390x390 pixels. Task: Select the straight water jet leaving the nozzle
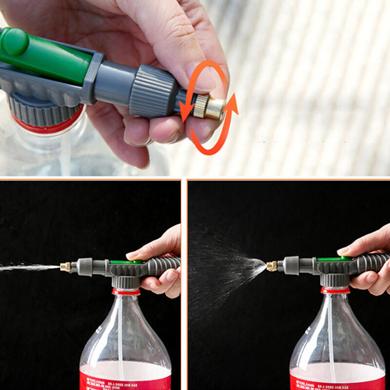[29, 267]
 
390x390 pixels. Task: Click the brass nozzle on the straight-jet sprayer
[65, 267]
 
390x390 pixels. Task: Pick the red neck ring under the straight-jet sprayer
[126, 292]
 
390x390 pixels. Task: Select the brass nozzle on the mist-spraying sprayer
[272, 266]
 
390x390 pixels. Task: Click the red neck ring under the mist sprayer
[335, 290]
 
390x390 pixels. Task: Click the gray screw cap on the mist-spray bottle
[334, 280]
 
